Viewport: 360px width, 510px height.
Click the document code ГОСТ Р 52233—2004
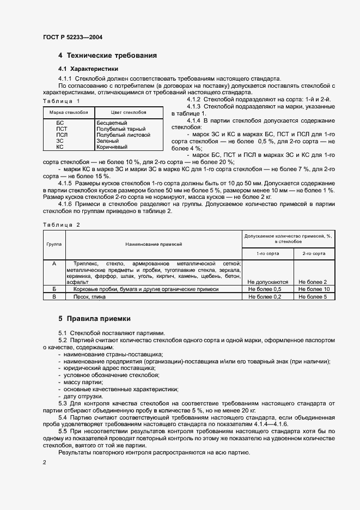(72, 37)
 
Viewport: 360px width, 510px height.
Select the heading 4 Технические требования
(108, 56)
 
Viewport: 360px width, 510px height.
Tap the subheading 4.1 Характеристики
(88, 69)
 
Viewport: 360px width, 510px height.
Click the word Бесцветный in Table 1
(112, 123)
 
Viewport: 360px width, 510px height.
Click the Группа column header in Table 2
(54, 245)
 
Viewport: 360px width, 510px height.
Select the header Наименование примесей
(154, 245)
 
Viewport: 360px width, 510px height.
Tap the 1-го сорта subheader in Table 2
(269, 253)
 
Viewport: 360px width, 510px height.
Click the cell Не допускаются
(267, 282)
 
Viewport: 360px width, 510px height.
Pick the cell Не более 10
(314, 289)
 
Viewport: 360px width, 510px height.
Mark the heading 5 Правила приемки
(94, 318)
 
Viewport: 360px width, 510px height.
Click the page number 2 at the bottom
(44, 462)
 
